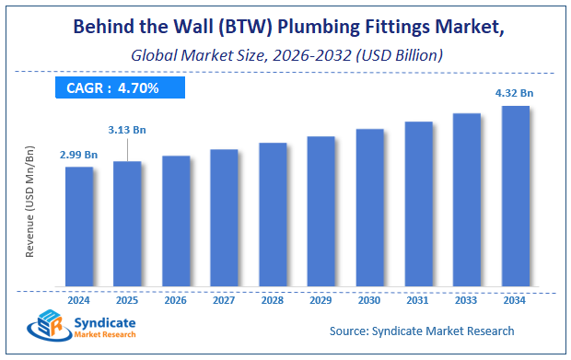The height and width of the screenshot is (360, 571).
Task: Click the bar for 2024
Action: pos(78,226)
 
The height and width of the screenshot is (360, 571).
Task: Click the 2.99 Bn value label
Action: pos(78,155)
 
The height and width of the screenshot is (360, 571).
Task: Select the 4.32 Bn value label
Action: pos(515,92)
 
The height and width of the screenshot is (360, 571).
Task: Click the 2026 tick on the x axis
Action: pos(176,299)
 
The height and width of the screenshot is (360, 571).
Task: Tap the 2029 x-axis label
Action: pos(320,299)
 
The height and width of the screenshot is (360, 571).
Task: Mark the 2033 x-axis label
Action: pos(466,299)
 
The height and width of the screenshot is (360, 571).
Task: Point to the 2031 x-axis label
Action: pos(418,299)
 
